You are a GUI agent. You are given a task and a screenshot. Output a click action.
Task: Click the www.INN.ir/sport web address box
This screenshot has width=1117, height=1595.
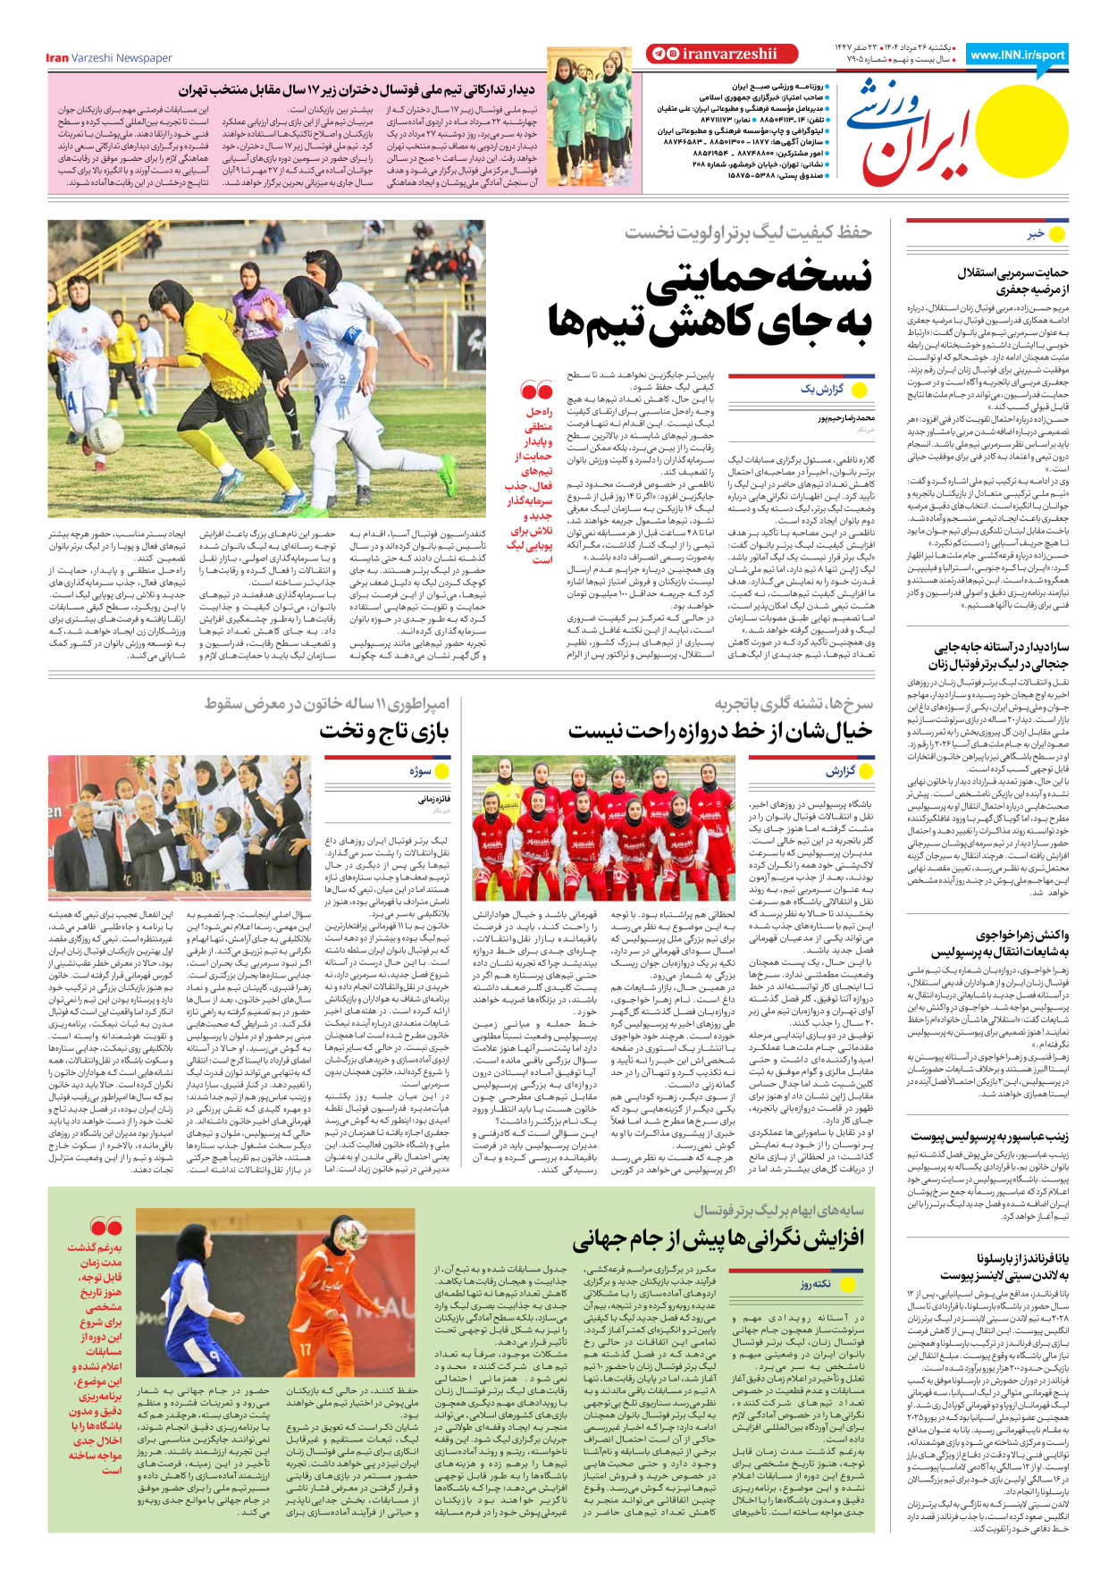click(x=1018, y=55)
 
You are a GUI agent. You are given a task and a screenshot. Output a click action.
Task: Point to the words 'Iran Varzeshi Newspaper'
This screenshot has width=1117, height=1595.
click(x=109, y=58)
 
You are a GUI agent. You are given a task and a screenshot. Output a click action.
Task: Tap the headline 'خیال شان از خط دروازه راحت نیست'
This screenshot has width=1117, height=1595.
click(x=720, y=731)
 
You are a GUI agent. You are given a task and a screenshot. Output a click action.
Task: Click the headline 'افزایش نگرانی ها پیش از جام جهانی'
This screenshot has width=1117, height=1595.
click(x=718, y=1239)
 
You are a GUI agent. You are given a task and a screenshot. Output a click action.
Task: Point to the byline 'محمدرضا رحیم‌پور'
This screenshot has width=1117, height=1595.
click(x=845, y=417)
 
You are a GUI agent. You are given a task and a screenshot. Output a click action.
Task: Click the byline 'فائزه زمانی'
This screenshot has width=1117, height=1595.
click(x=434, y=800)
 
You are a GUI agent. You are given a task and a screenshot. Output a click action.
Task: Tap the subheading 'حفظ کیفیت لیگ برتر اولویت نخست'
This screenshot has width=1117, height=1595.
click(x=748, y=232)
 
